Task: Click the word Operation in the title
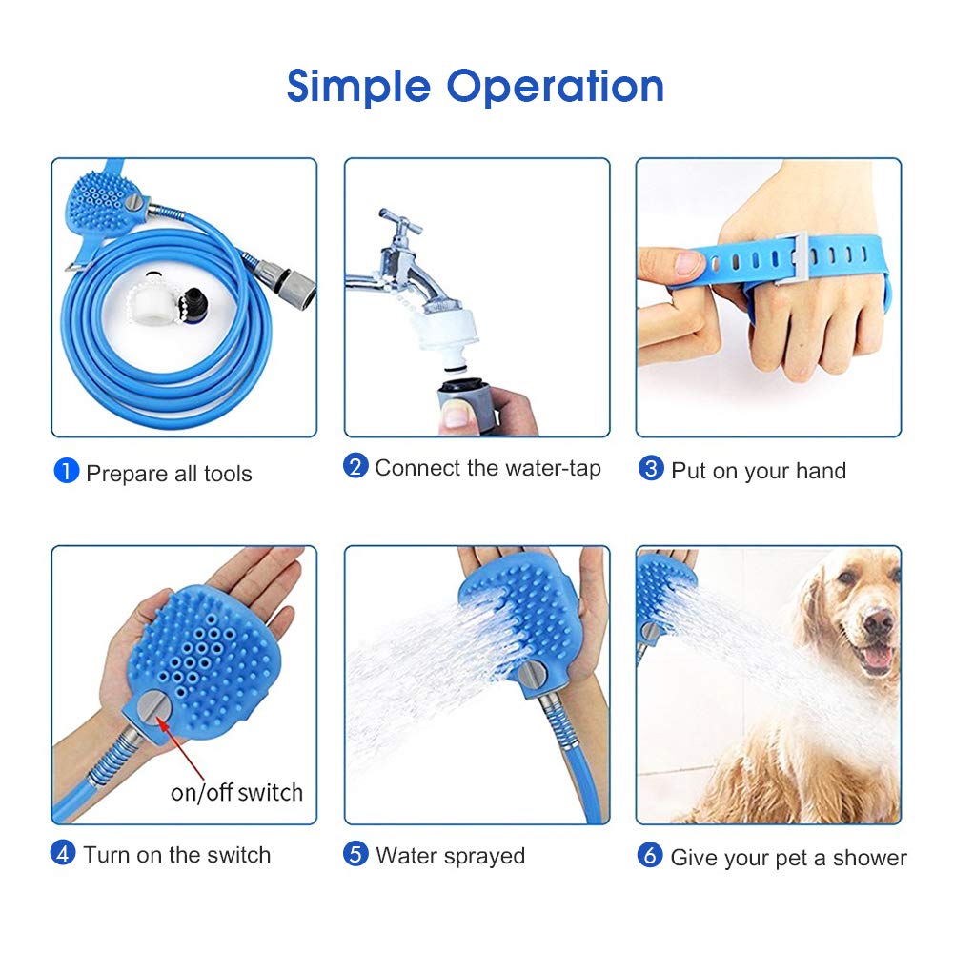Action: (557, 88)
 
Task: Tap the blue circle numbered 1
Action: (66, 471)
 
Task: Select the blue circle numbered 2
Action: (355, 467)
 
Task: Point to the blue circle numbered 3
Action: (651, 469)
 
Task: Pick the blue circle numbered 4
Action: (64, 854)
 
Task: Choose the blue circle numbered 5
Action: (356, 854)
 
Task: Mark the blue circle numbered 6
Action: (650, 856)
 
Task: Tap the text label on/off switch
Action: (236, 792)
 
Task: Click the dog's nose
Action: (879, 623)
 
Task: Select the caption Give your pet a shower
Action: (788, 857)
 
